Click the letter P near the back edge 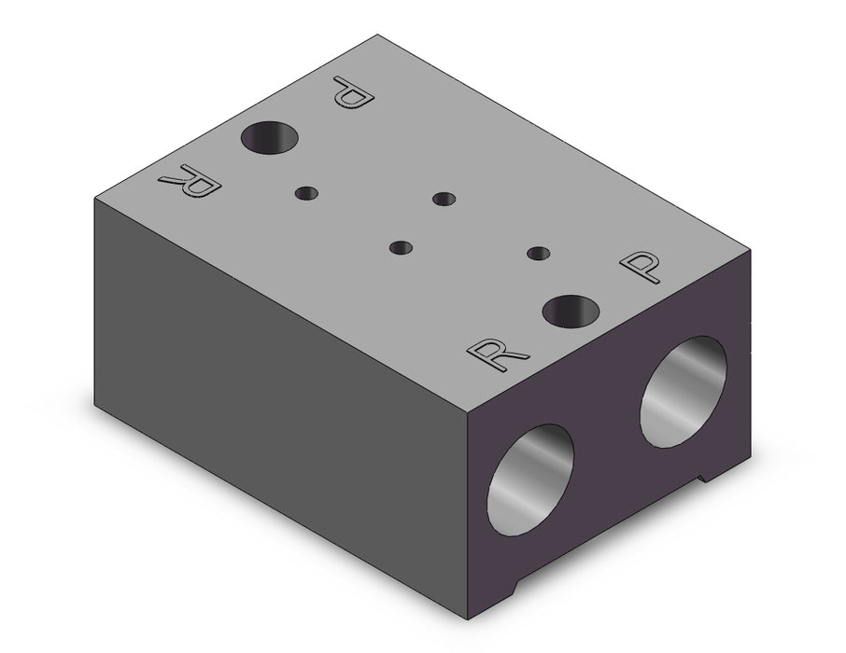point(353,92)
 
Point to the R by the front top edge point(497,354)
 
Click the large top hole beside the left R point(269,137)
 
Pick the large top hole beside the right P point(571,312)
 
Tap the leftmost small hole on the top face point(306,193)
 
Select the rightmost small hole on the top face point(538,253)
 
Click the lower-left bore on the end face point(530,479)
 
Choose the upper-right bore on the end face point(684,392)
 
